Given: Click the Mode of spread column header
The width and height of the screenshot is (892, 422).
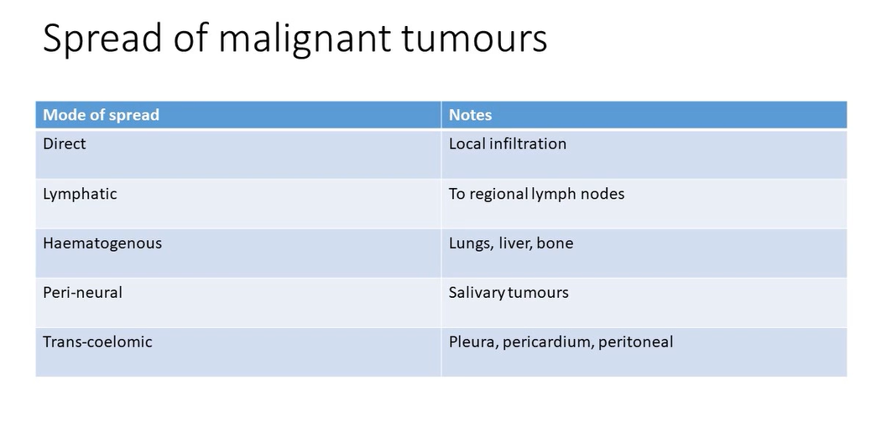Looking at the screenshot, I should click(x=101, y=115).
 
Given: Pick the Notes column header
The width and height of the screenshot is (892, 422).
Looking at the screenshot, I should click(x=470, y=115).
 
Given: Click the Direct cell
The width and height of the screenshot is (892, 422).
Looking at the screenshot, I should click(x=65, y=143).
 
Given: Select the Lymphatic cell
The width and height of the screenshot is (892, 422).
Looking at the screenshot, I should click(x=80, y=194).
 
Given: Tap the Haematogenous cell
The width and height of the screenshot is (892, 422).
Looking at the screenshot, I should click(x=102, y=243).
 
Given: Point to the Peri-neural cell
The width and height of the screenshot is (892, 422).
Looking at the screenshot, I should click(x=82, y=293).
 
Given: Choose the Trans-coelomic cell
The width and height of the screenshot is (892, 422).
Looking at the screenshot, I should click(x=97, y=342).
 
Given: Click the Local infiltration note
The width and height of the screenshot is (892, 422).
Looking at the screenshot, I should click(x=507, y=143).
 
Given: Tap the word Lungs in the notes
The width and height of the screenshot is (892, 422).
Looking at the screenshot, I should click(x=469, y=243).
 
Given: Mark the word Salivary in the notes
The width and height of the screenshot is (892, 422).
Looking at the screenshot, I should click(x=476, y=293).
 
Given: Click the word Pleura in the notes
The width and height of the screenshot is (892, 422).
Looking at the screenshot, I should click(x=472, y=342).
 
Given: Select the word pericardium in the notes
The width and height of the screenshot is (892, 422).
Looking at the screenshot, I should click(x=546, y=342).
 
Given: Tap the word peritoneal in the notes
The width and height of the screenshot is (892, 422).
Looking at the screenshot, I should click(x=635, y=342).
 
